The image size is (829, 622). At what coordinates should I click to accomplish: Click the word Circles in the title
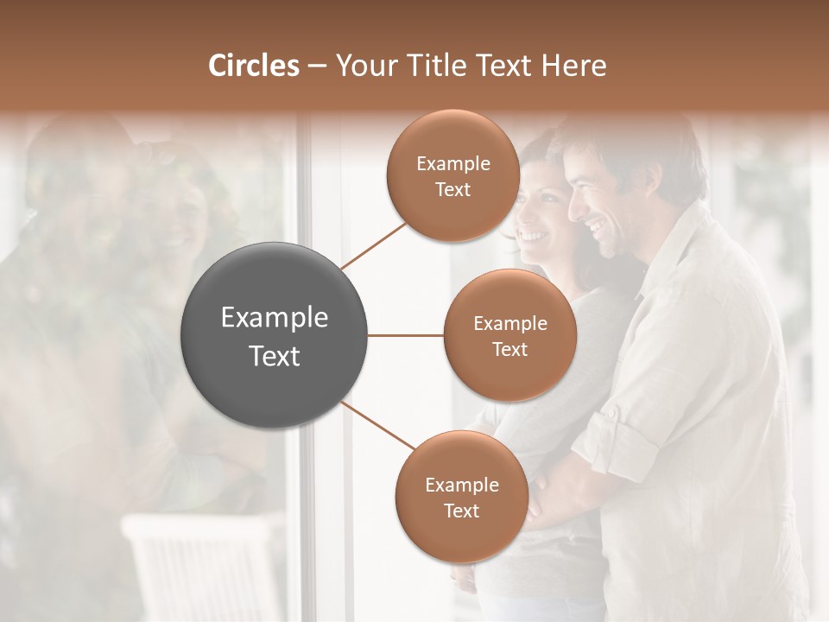[x=253, y=66]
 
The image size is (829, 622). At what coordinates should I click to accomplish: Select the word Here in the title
[x=574, y=66]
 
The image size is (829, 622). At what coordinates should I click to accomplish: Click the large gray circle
[x=275, y=336]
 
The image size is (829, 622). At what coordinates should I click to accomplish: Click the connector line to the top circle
[x=374, y=245]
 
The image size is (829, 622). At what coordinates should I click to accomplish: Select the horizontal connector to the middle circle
[x=406, y=335]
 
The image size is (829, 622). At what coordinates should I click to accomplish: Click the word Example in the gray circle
[x=275, y=318]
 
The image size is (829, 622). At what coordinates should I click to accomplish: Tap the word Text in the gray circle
[x=275, y=356]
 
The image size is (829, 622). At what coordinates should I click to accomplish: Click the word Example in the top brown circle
[x=452, y=164]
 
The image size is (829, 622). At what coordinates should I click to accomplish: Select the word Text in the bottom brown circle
[x=461, y=511]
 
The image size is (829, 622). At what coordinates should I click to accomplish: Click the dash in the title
[x=317, y=67]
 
